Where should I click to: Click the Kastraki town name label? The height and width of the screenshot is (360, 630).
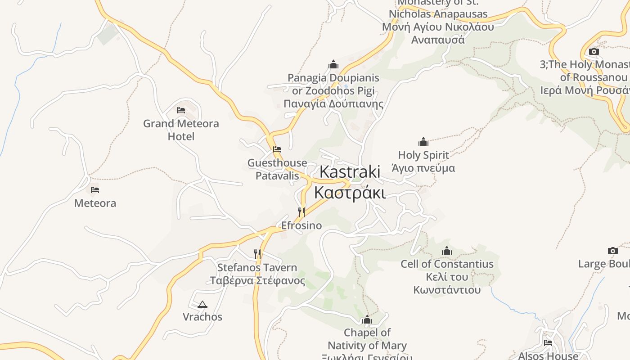click(x=350, y=182)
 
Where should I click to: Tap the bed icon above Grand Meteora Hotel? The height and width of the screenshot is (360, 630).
click(x=181, y=110)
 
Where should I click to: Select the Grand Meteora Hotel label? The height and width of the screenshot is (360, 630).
click(x=181, y=130)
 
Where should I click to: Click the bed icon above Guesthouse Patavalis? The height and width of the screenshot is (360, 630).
click(x=277, y=149)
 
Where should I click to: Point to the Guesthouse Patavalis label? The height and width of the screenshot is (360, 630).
click(x=277, y=169)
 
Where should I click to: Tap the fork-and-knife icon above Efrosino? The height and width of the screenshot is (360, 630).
click(x=301, y=212)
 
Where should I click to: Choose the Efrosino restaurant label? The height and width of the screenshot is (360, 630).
click(x=301, y=225)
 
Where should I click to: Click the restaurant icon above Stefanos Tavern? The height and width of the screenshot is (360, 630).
click(x=257, y=254)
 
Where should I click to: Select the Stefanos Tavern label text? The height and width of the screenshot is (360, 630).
click(x=257, y=274)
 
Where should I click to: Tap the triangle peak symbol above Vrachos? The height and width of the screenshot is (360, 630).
click(x=202, y=304)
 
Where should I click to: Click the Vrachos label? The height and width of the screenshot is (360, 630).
click(x=202, y=317)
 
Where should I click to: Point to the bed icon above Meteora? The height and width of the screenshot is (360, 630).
click(x=95, y=190)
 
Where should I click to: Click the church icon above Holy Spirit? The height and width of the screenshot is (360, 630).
click(x=423, y=142)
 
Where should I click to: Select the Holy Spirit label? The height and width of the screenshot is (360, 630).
click(x=423, y=162)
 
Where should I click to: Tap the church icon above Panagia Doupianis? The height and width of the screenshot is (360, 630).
click(x=333, y=64)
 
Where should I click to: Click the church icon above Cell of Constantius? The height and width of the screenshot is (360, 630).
click(x=447, y=251)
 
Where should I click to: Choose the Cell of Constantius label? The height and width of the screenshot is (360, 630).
click(x=447, y=276)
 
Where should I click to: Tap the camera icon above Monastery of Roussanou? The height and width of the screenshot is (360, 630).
click(x=594, y=51)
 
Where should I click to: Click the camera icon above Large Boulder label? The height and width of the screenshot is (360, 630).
click(x=613, y=251)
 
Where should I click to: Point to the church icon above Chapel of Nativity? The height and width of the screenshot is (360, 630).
click(x=367, y=320)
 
